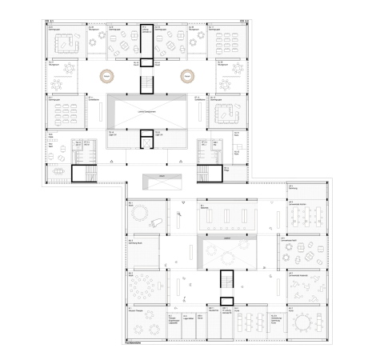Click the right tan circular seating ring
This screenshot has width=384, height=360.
188,77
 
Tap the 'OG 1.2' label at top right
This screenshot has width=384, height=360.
245,20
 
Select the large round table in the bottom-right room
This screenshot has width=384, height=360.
306,324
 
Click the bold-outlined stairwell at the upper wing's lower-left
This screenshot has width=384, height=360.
82,174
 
